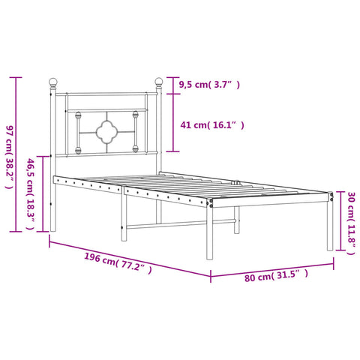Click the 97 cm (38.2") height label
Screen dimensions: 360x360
tap(9, 157)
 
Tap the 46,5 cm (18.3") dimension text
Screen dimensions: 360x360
tap(31, 194)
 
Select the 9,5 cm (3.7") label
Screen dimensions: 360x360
tap(209, 85)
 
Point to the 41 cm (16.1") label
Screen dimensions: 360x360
tap(212, 124)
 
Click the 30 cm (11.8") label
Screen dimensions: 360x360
tap(351, 223)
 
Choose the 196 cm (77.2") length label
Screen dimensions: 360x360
tap(118, 263)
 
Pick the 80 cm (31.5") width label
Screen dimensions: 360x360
tap(276, 275)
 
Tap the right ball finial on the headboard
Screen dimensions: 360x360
tap(159, 82)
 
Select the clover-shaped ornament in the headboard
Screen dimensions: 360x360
tap(106, 132)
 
